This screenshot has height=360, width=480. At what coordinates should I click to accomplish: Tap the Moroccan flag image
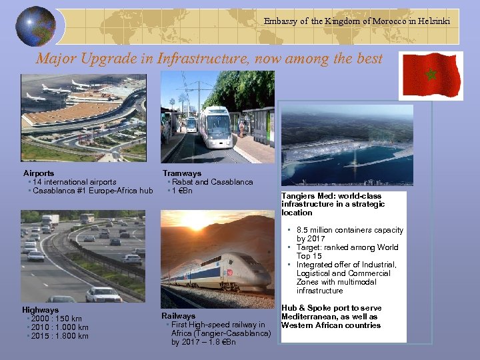[430, 75]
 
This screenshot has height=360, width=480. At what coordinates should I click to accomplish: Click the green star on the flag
[431, 75]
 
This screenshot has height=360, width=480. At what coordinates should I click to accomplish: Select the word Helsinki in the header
[433, 21]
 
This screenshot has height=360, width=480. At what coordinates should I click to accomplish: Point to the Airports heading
[39, 173]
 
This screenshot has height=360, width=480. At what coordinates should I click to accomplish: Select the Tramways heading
[181, 173]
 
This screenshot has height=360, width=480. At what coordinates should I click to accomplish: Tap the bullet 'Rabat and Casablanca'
[211, 182]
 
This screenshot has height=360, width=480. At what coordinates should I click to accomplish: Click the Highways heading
[40, 310]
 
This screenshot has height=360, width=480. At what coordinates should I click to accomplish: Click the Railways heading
[178, 315]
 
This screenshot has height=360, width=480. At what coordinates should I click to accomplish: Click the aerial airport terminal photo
[83, 117]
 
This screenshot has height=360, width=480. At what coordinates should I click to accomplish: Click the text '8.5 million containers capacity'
[349, 230]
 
